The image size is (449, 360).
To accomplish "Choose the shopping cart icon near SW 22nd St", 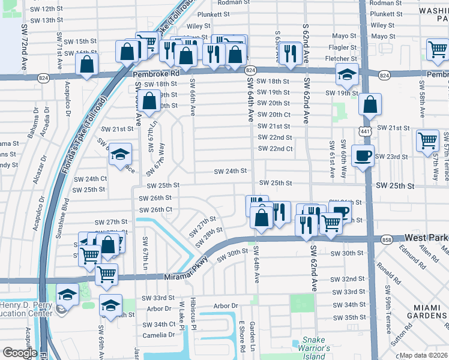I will (x=428, y=140).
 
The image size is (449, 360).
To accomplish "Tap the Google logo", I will (x=19, y=353).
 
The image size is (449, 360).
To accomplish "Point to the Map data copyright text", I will (x=424, y=355).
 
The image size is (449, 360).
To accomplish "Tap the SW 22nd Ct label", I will (x=275, y=149).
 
